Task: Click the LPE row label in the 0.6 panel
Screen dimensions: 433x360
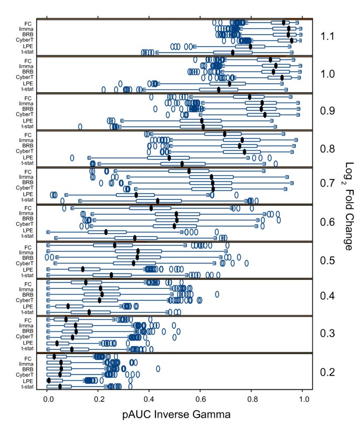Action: point(28,231)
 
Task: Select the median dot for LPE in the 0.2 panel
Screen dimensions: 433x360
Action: point(49,380)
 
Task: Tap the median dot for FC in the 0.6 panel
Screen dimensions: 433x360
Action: point(166,208)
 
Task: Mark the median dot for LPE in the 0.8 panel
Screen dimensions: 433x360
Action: point(169,157)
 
